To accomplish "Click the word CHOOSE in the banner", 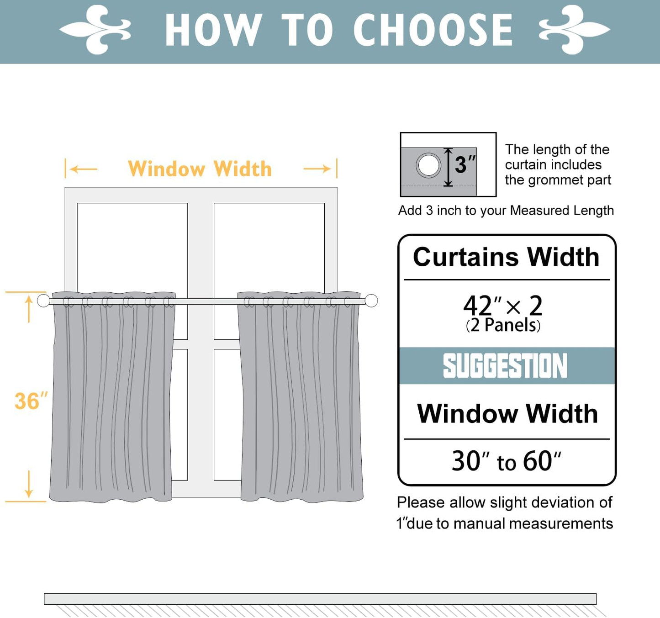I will pyautogui.click(x=433, y=30).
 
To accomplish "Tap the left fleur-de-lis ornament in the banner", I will pyautogui.click(x=96, y=30).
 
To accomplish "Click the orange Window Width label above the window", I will pyautogui.click(x=200, y=169).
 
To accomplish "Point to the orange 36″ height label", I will pyautogui.click(x=31, y=401).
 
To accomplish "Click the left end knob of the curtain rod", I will pyautogui.click(x=43, y=301).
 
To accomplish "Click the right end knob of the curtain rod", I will pyautogui.click(x=371, y=301).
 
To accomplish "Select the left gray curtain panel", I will pyautogui.click(x=112, y=397).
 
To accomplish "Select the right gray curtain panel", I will pyautogui.click(x=301, y=397).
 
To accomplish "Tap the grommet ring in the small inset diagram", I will pyautogui.click(x=428, y=165).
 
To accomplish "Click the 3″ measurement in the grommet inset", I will pyautogui.click(x=465, y=164).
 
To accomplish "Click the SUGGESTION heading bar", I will pyautogui.click(x=506, y=366).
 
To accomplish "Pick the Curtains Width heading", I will pyautogui.click(x=506, y=257).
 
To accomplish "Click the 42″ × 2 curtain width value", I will pyautogui.click(x=503, y=305).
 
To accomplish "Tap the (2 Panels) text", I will pyautogui.click(x=503, y=326).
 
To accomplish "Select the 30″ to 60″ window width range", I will pyautogui.click(x=506, y=461).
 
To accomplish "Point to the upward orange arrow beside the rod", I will pyautogui.click(x=29, y=308).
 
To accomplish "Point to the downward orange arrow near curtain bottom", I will pyautogui.click(x=29, y=484).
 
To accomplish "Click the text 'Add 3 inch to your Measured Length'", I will pyautogui.click(x=506, y=211).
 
